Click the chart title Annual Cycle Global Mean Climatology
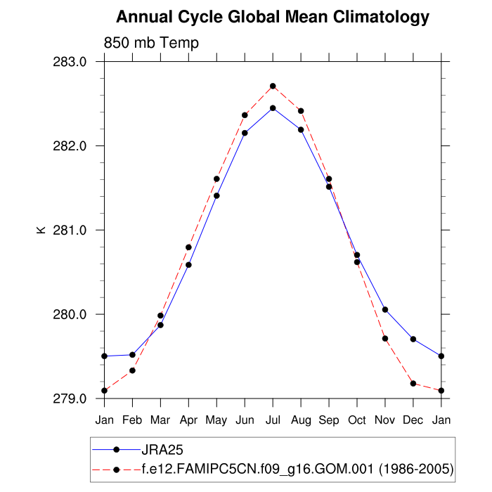click(272, 16)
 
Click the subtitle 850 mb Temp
click(151, 43)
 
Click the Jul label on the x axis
click(273, 420)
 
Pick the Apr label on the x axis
click(188, 420)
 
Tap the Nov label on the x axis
click(385, 420)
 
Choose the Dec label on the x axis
click(413, 420)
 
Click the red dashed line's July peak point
click(273, 86)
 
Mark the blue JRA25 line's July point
click(273, 108)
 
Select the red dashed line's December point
click(413, 383)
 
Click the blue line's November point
click(385, 309)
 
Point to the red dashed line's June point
click(245, 115)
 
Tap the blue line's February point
click(132, 354)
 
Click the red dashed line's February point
click(132, 370)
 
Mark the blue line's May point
click(216, 195)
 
